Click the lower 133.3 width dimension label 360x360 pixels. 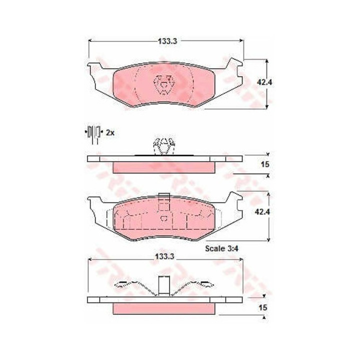point(164,256)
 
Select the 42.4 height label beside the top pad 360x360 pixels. point(264,82)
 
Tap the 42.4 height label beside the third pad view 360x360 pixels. point(262,211)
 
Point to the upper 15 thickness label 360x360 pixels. point(265,164)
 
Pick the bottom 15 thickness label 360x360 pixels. point(263,307)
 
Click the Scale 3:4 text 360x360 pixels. point(221,248)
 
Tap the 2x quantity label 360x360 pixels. point(110,132)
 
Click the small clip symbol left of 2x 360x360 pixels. point(93,134)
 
